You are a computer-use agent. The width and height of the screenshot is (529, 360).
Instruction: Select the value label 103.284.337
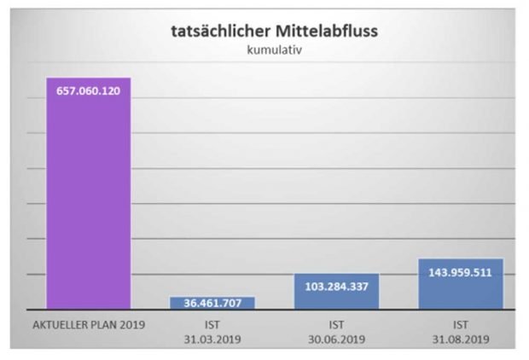click(336, 286)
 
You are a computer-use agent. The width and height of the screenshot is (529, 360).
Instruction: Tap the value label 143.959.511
click(461, 273)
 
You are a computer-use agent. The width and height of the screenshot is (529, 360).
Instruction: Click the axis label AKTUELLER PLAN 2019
click(88, 325)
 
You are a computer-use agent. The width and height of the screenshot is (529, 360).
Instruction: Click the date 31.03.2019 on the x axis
click(212, 339)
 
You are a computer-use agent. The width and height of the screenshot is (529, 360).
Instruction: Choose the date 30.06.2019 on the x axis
click(336, 339)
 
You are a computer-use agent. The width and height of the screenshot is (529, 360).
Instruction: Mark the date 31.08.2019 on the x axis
click(461, 339)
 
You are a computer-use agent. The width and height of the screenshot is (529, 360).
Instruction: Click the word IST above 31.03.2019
click(212, 325)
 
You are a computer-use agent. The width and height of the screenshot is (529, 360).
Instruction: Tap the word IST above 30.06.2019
click(336, 325)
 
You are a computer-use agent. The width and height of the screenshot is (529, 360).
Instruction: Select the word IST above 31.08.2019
click(461, 325)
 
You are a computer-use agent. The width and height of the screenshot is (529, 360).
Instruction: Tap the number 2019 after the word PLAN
click(134, 325)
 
